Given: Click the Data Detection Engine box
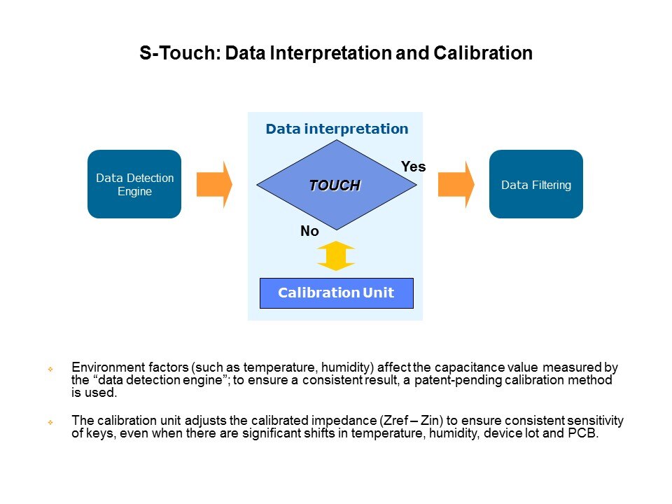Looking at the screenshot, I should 134,184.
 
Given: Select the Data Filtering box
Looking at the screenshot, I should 535,184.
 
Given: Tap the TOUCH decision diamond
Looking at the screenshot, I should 335,185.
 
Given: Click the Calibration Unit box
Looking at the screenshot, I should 336,293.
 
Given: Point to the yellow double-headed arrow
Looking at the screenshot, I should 336,255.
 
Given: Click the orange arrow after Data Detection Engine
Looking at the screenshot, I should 214,184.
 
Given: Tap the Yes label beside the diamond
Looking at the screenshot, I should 413,167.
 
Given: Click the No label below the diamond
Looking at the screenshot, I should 309,232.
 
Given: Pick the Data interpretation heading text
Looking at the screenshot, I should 337,129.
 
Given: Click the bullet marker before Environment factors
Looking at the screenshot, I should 50,368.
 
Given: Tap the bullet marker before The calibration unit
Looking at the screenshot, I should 50,422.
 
